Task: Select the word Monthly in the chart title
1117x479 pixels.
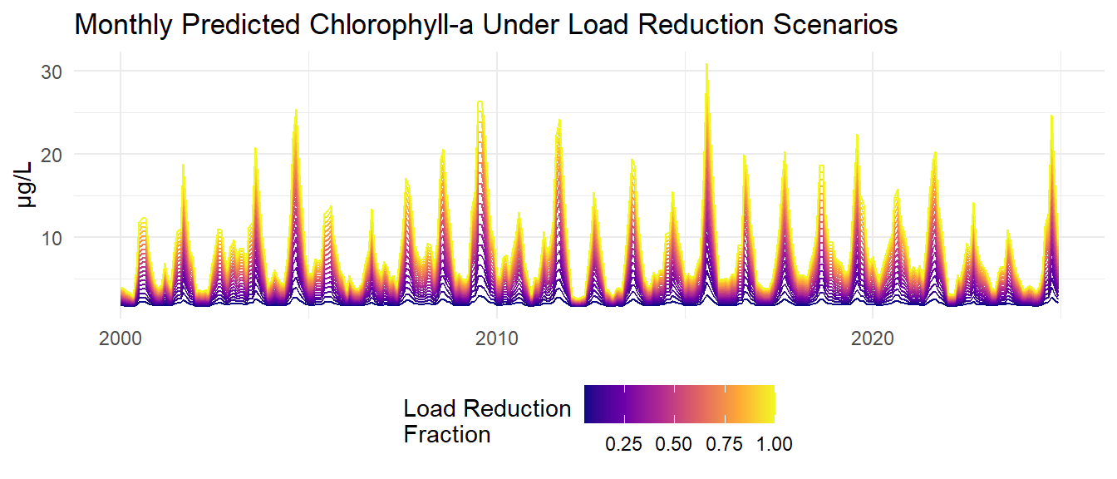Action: tap(125, 26)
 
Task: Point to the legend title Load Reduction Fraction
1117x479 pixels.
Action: tap(487, 421)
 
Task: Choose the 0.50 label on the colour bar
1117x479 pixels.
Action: tap(674, 444)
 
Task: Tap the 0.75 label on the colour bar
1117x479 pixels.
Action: tap(725, 444)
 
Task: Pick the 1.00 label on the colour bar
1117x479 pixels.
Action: tap(774, 444)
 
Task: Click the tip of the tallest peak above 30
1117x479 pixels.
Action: tap(706, 64)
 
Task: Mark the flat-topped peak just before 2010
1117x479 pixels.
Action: tap(480, 102)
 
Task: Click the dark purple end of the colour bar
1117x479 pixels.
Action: tap(588, 404)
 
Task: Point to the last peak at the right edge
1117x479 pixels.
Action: tap(1051, 116)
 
